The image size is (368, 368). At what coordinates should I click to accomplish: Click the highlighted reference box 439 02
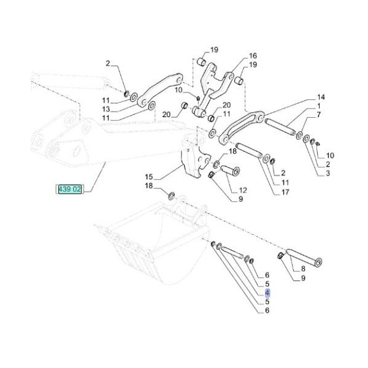point(69,189)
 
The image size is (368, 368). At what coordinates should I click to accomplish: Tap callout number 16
point(252,55)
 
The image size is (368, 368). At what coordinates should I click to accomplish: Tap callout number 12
point(242,190)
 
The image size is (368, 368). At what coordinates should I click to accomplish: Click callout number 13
point(105,109)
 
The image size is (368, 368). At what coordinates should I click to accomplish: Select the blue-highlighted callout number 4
point(267,294)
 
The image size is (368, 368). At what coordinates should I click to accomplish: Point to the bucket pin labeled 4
point(232,250)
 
